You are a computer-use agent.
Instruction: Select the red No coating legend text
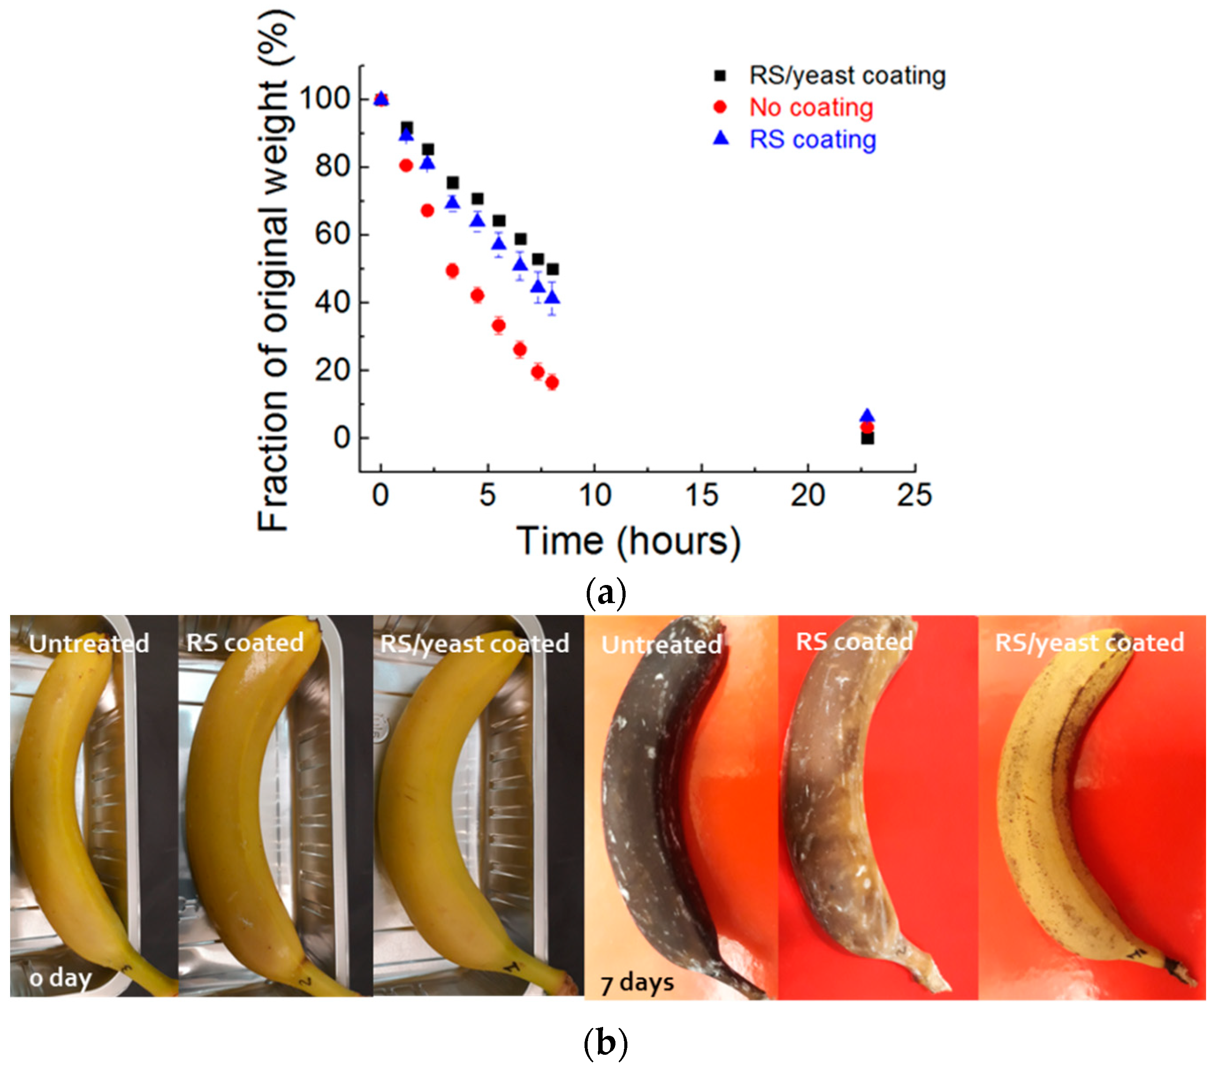pyautogui.click(x=811, y=108)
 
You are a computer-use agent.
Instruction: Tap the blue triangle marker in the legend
pyautogui.click(x=721, y=138)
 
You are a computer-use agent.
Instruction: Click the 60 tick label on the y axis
pyautogui.click(x=332, y=234)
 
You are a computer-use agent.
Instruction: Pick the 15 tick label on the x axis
pyautogui.click(x=702, y=495)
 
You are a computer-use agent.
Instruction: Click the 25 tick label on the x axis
pyautogui.click(x=914, y=495)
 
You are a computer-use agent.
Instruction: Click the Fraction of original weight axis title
pyautogui.click(x=275, y=270)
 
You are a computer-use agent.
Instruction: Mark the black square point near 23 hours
pyautogui.click(x=867, y=438)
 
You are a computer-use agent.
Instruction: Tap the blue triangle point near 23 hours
pyautogui.click(x=867, y=416)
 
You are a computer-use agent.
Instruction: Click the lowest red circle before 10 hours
pyautogui.click(x=552, y=382)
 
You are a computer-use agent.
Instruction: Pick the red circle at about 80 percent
pyautogui.click(x=406, y=166)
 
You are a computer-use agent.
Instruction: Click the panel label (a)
pyautogui.click(x=606, y=593)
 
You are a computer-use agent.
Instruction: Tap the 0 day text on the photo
pyautogui.click(x=61, y=977)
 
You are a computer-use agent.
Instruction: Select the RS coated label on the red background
pyautogui.click(x=854, y=642)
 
